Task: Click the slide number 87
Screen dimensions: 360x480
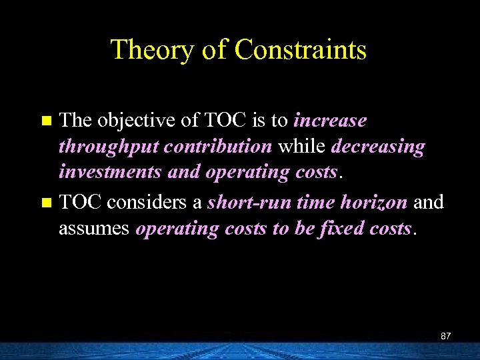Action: click(x=446, y=336)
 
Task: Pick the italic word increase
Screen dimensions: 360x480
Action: click(x=330, y=121)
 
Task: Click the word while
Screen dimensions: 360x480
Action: click(x=302, y=147)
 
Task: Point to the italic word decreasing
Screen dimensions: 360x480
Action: click(x=377, y=147)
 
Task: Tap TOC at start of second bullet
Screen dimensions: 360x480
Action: click(x=80, y=201)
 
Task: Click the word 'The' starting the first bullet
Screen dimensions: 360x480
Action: click(x=75, y=121)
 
